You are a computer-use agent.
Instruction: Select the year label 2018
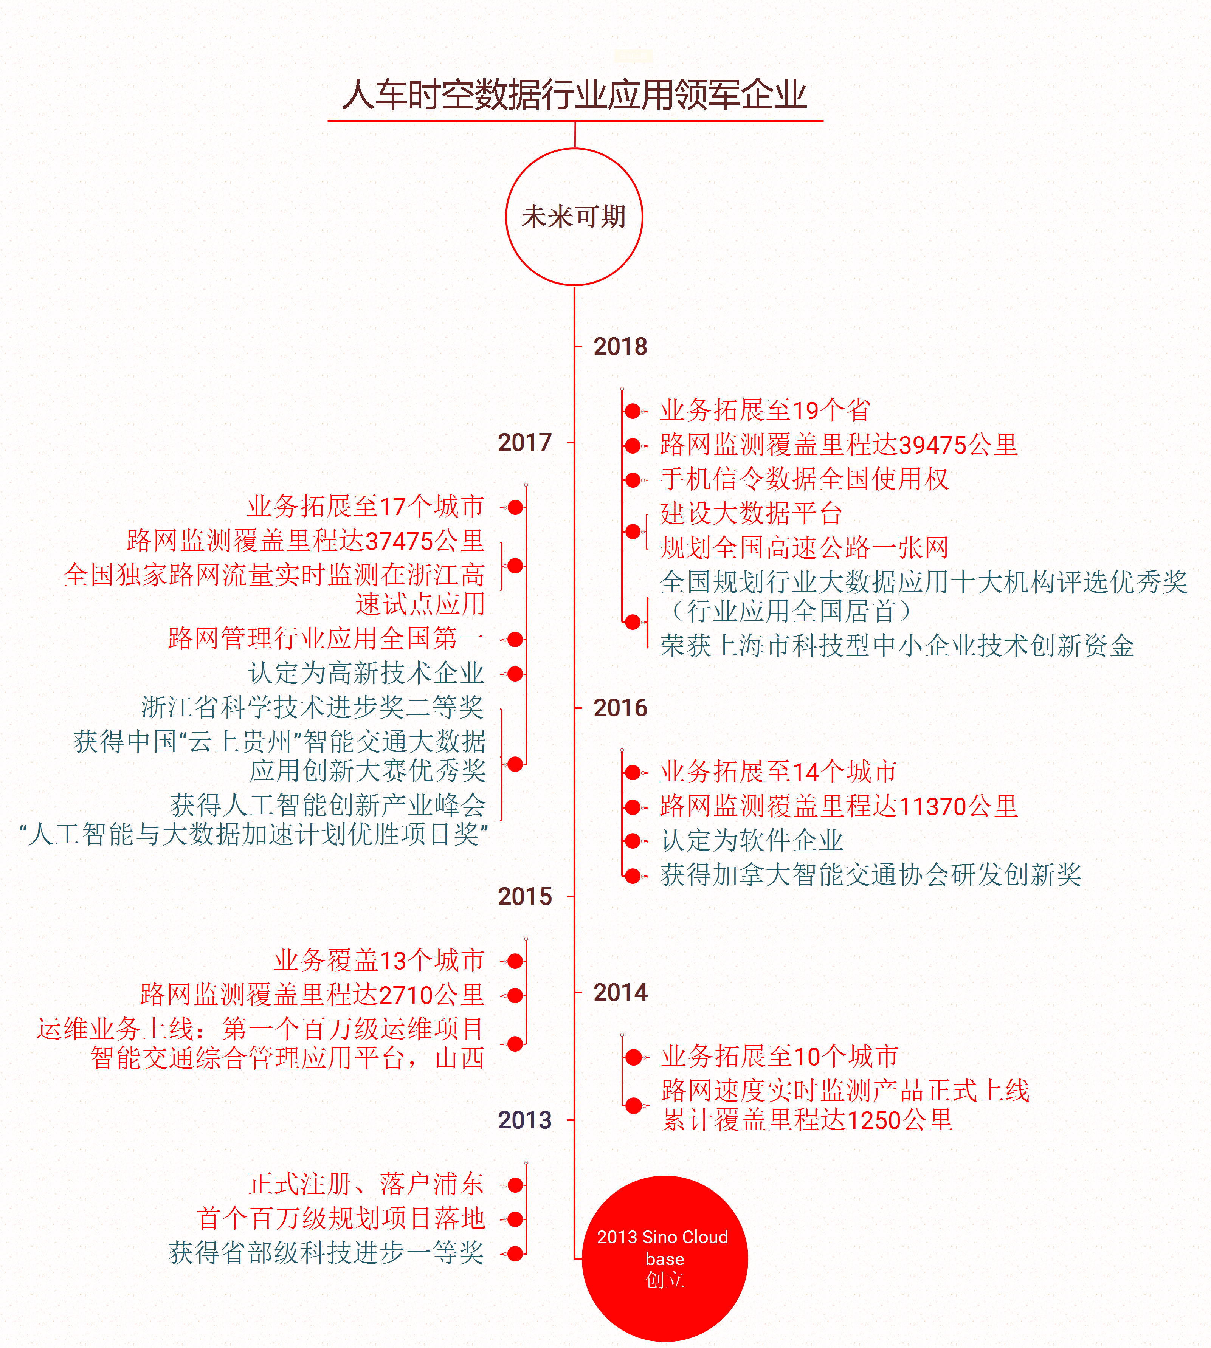click(620, 347)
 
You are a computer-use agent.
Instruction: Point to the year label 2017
click(525, 442)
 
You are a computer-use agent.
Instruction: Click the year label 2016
click(620, 708)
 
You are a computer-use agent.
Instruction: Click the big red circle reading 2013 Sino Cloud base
click(665, 1259)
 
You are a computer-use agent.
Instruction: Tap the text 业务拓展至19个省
click(765, 411)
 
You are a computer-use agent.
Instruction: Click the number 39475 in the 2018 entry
click(932, 445)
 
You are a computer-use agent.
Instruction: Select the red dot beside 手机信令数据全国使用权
click(633, 480)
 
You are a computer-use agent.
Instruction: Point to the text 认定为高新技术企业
click(367, 673)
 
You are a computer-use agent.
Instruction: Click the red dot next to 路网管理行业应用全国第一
click(515, 639)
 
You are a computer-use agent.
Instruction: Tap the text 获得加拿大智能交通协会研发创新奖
click(871, 875)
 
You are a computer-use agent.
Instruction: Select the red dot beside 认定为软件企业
click(633, 841)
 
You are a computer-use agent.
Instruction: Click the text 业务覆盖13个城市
click(379, 961)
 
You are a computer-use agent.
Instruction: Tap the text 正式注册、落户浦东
click(367, 1184)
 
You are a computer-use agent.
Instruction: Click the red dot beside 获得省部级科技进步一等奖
click(515, 1254)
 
